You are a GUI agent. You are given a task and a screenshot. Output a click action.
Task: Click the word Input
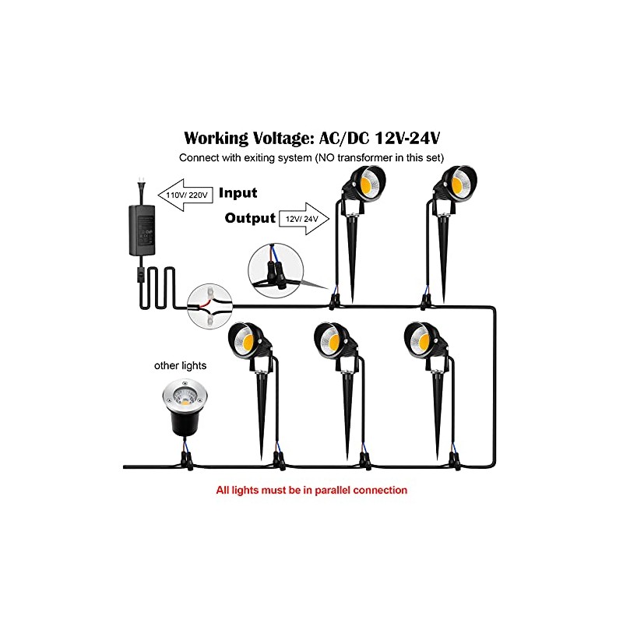[238, 193]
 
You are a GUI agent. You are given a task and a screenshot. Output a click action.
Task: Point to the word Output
[250, 218]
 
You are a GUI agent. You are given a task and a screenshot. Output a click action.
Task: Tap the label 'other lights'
[180, 364]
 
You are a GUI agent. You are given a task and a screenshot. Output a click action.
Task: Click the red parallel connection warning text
[311, 491]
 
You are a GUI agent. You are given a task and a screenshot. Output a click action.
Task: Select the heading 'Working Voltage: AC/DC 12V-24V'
[311, 138]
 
